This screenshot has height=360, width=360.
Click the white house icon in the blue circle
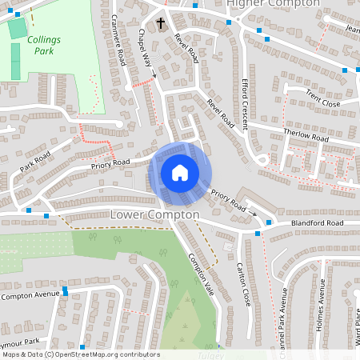click(179, 172)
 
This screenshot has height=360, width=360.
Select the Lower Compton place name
click(154, 215)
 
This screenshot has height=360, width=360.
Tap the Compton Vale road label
click(201, 276)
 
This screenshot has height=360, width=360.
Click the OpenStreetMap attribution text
click(80, 354)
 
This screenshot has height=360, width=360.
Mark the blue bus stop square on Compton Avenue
click(66, 294)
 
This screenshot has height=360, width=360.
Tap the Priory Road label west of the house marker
click(110, 163)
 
